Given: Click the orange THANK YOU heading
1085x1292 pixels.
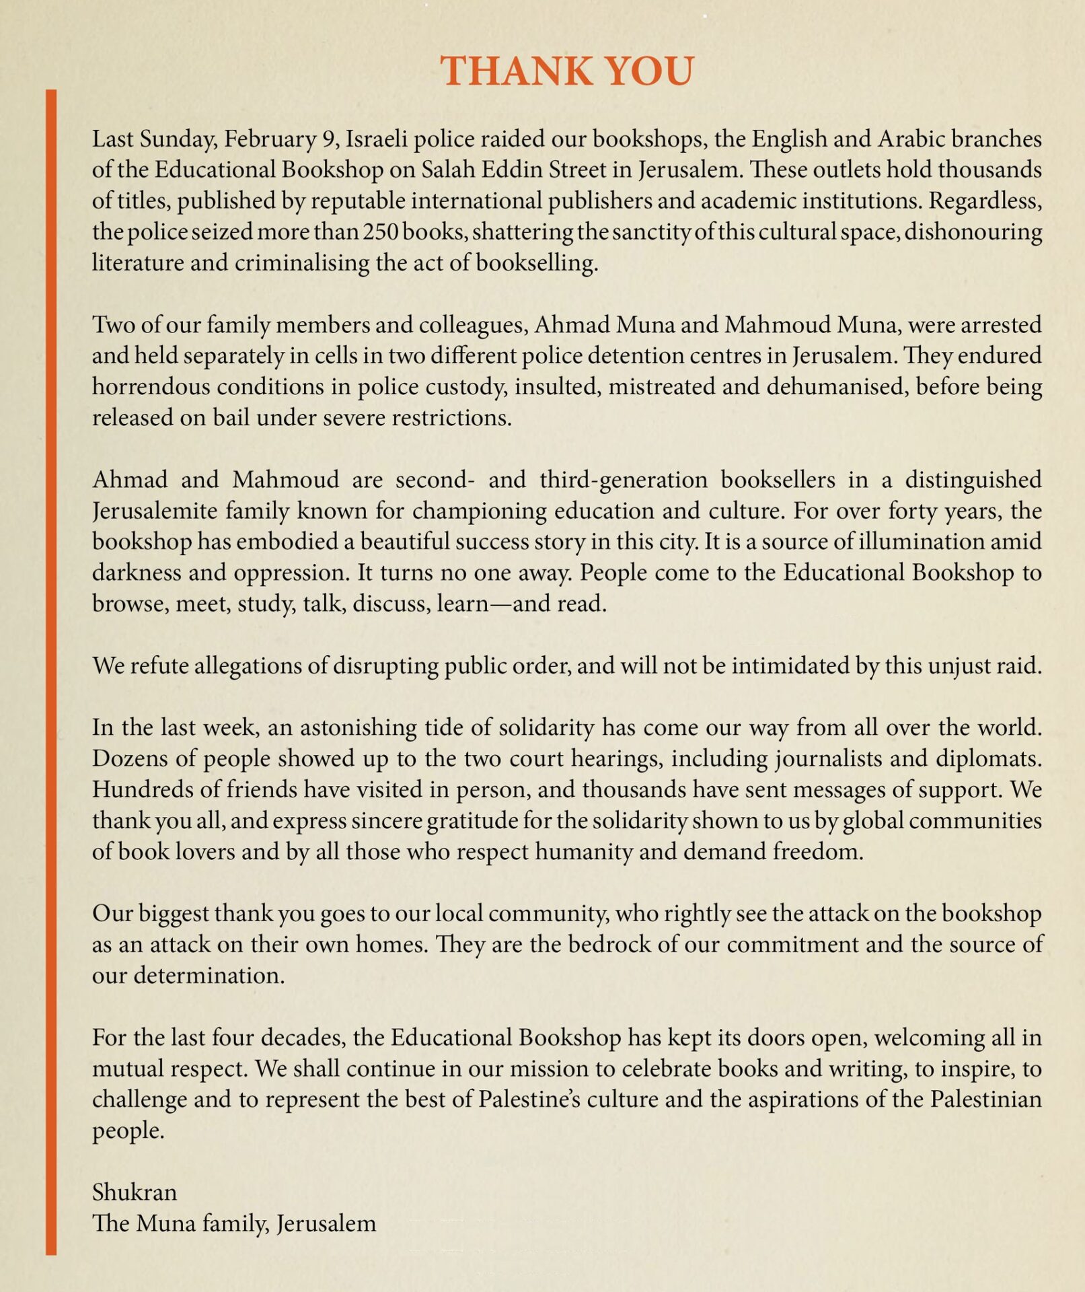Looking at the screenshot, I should [x=566, y=71].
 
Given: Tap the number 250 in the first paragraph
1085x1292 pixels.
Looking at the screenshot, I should [x=381, y=231].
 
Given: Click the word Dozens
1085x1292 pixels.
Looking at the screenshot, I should [x=130, y=758].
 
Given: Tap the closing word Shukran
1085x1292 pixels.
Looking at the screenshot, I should [x=135, y=1192].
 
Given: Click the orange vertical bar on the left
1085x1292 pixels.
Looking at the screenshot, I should [x=51, y=673].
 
